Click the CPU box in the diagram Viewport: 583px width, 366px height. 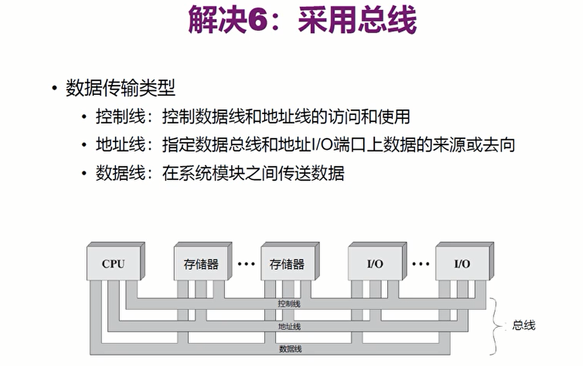coord(113,264)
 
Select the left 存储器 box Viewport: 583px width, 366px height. coord(197,264)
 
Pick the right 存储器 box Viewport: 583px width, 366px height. coord(286,264)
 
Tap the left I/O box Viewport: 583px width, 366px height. coord(375,264)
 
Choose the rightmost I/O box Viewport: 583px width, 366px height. coord(462,264)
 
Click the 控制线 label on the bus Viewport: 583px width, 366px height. coord(289,304)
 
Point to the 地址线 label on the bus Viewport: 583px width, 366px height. coord(289,326)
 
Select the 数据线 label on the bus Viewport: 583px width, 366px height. coord(290,349)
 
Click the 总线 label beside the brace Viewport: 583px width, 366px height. coord(523,325)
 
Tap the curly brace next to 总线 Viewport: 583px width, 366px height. coord(497,325)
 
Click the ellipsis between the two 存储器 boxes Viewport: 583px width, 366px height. coord(246,264)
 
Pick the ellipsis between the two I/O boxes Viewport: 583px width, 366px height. coord(420,264)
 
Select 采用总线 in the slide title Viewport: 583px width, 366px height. coord(357,22)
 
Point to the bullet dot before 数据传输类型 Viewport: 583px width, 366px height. coord(54,89)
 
